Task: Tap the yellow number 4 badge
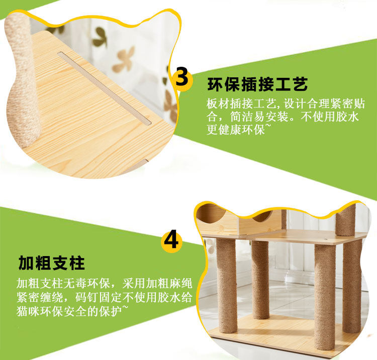point(172,239)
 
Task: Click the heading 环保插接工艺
point(257,84)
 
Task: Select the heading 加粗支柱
point(52,263)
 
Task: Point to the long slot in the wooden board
point(105,88)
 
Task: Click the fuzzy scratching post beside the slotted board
point(22,79)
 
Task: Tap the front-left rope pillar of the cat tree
point(227,286)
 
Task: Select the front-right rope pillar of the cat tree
point(325,297)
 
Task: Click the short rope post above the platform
point(345,220)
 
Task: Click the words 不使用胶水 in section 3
point(330,117)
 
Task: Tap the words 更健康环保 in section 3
point(236,130)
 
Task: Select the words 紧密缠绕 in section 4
point(40,297)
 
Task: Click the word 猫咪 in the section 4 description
point(28,311)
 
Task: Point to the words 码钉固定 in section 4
point(99,297)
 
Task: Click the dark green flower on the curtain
point(100,37)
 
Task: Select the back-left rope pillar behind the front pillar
point(260,280)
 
